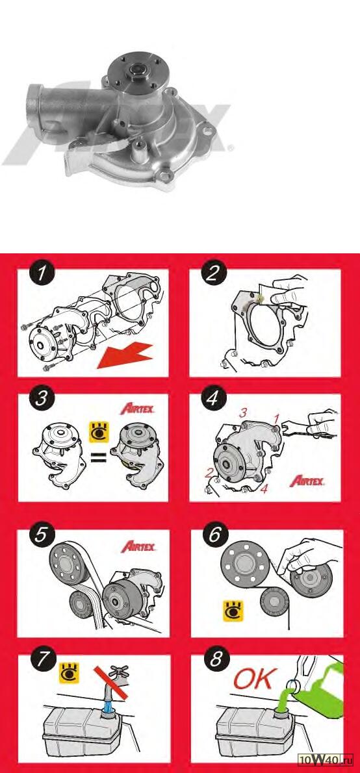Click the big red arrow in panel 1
click(x=125, y=355)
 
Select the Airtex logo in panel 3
click(x=138, y=409)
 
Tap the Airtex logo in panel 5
click(x=138, y=546)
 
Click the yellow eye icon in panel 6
click(x=233, y=611)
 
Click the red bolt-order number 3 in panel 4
click(x=242, y=413)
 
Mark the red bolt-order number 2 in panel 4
click(x=210, y=474)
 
